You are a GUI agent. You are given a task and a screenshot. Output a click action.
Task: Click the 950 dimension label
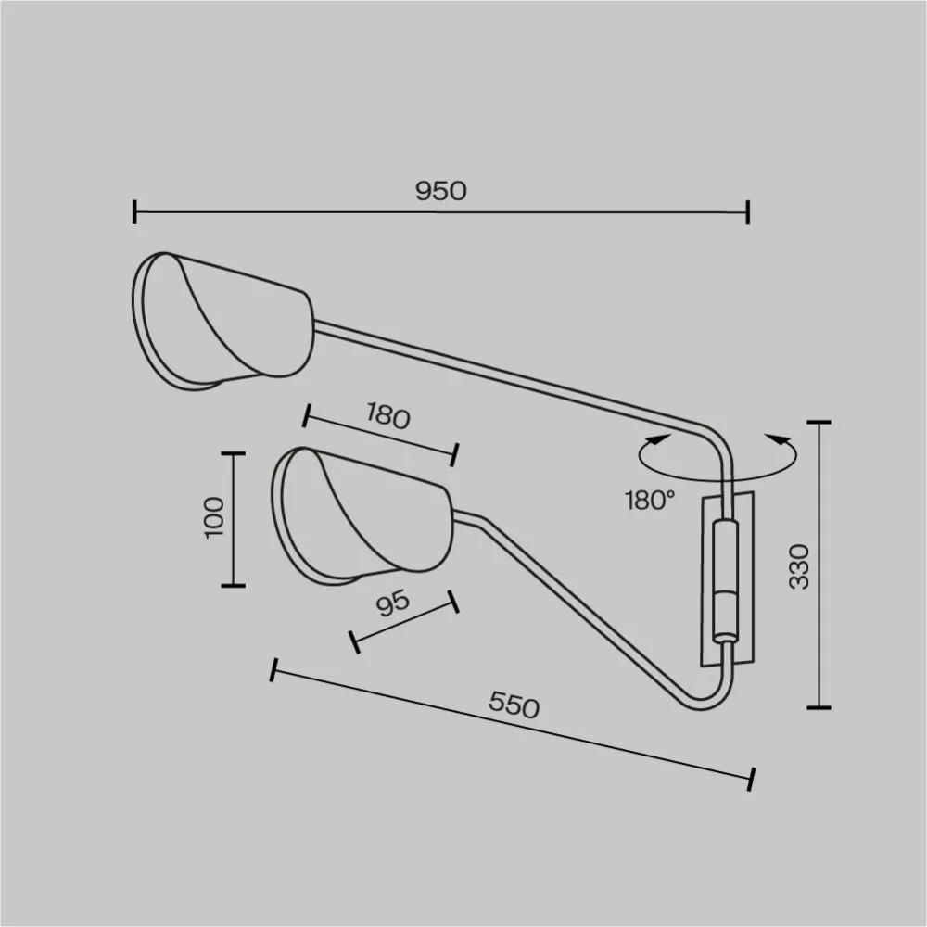440,191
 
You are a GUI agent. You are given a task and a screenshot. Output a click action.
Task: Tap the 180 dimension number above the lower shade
387,415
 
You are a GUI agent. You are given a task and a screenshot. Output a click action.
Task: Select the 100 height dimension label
215,517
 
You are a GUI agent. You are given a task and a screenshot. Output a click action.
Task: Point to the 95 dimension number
392,603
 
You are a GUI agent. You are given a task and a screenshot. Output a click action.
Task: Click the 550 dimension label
514,705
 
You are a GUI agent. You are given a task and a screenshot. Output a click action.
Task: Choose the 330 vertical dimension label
799,566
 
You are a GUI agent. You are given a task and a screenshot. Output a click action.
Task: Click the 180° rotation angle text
650,501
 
